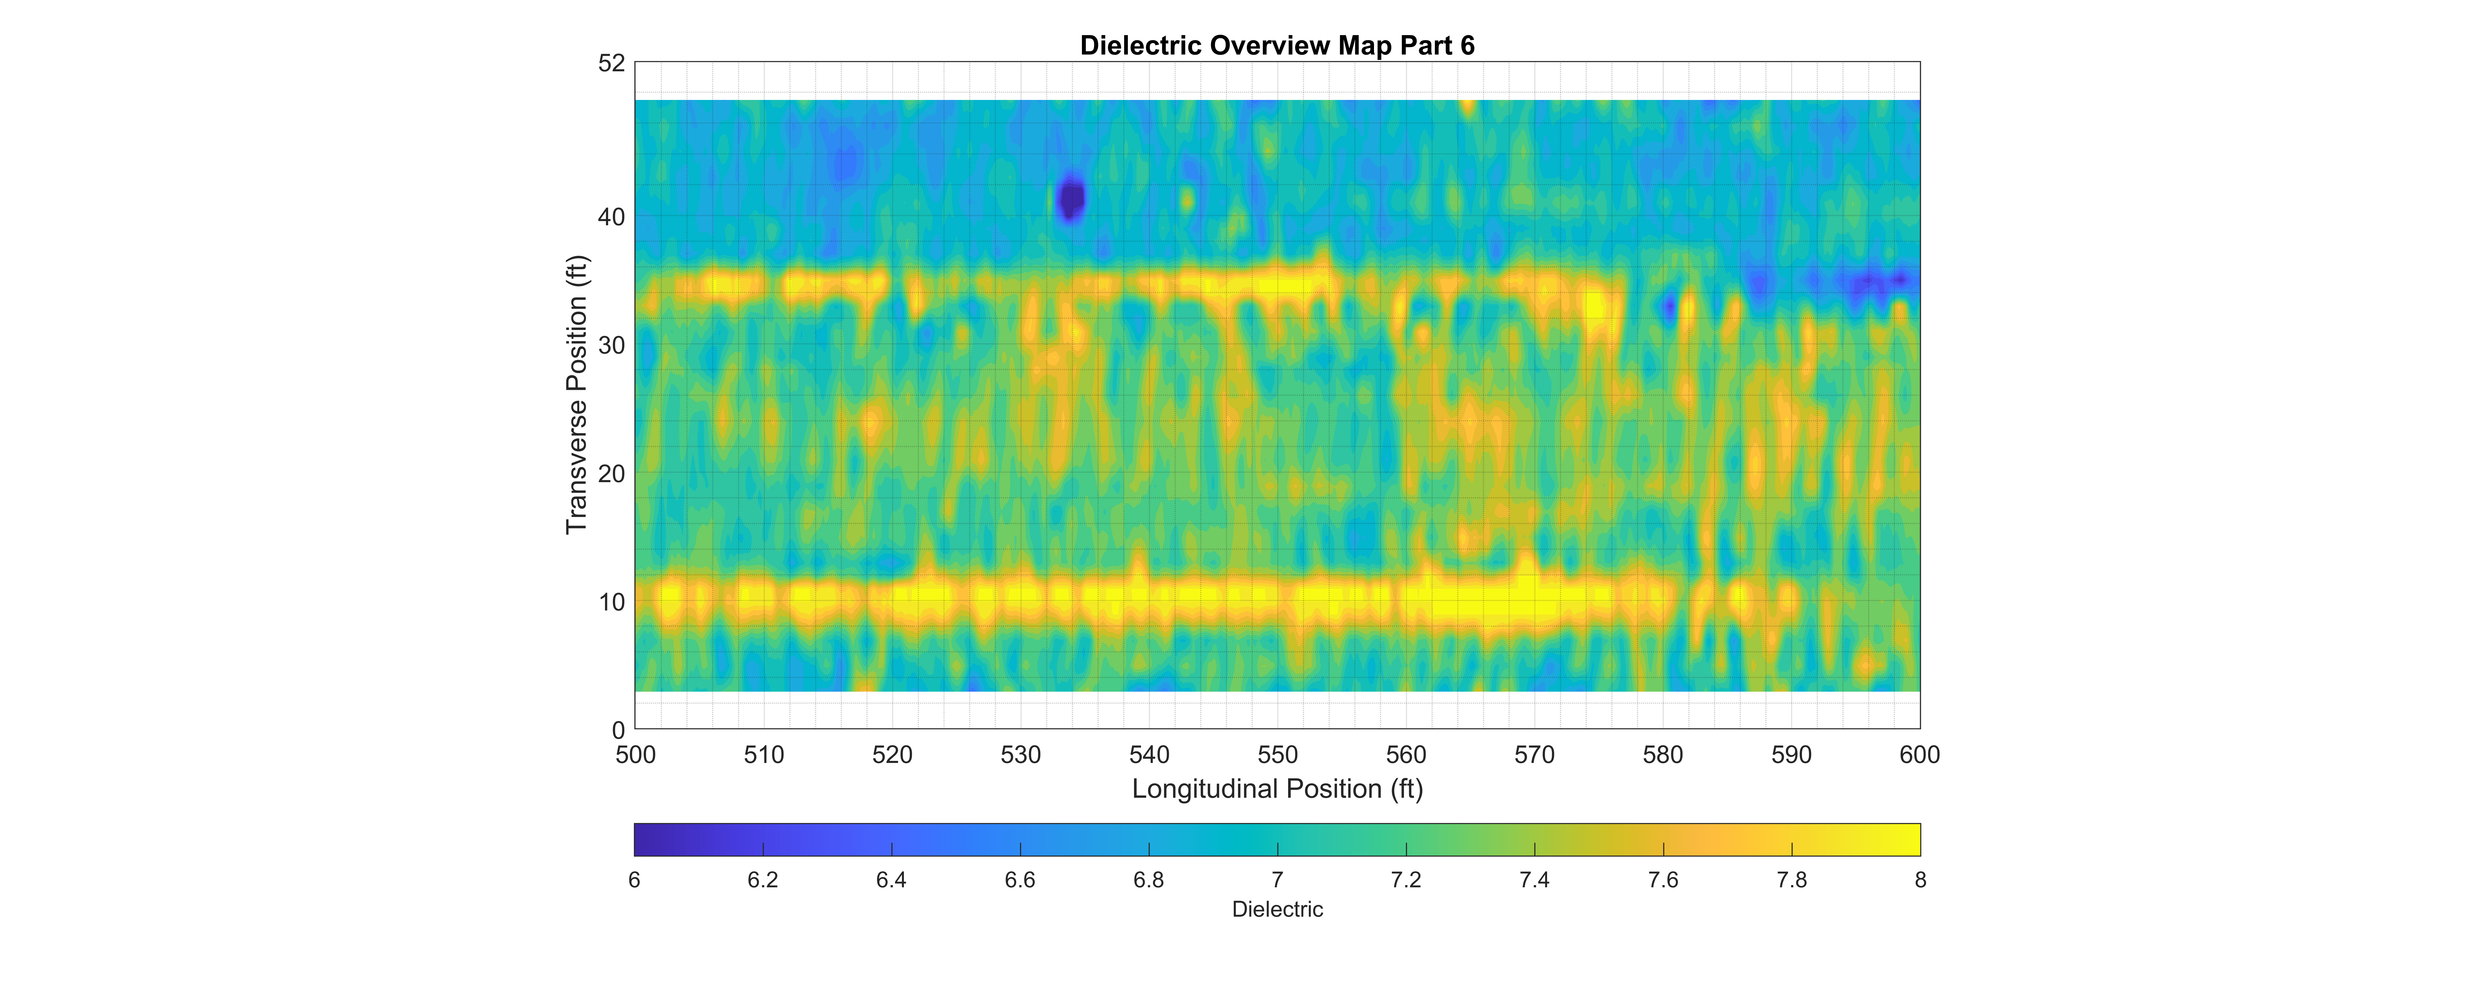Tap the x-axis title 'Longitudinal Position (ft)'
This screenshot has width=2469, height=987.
[1277, 789]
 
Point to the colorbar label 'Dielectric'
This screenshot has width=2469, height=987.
[1277, 909]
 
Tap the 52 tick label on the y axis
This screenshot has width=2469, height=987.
[612, 63]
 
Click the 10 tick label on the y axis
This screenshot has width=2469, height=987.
[612, 602]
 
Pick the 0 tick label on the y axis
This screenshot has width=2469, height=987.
[618, 730]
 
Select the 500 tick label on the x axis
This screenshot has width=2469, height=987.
[636, 755]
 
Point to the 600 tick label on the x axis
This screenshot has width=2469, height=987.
[1920, 755]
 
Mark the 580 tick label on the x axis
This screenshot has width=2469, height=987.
[1663, 755]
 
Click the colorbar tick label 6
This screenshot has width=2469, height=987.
[635, 880]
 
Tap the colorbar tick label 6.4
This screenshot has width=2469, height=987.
[891, 880]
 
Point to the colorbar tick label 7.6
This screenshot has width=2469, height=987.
[1663, 880]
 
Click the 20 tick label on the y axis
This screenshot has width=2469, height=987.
[612, 473]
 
